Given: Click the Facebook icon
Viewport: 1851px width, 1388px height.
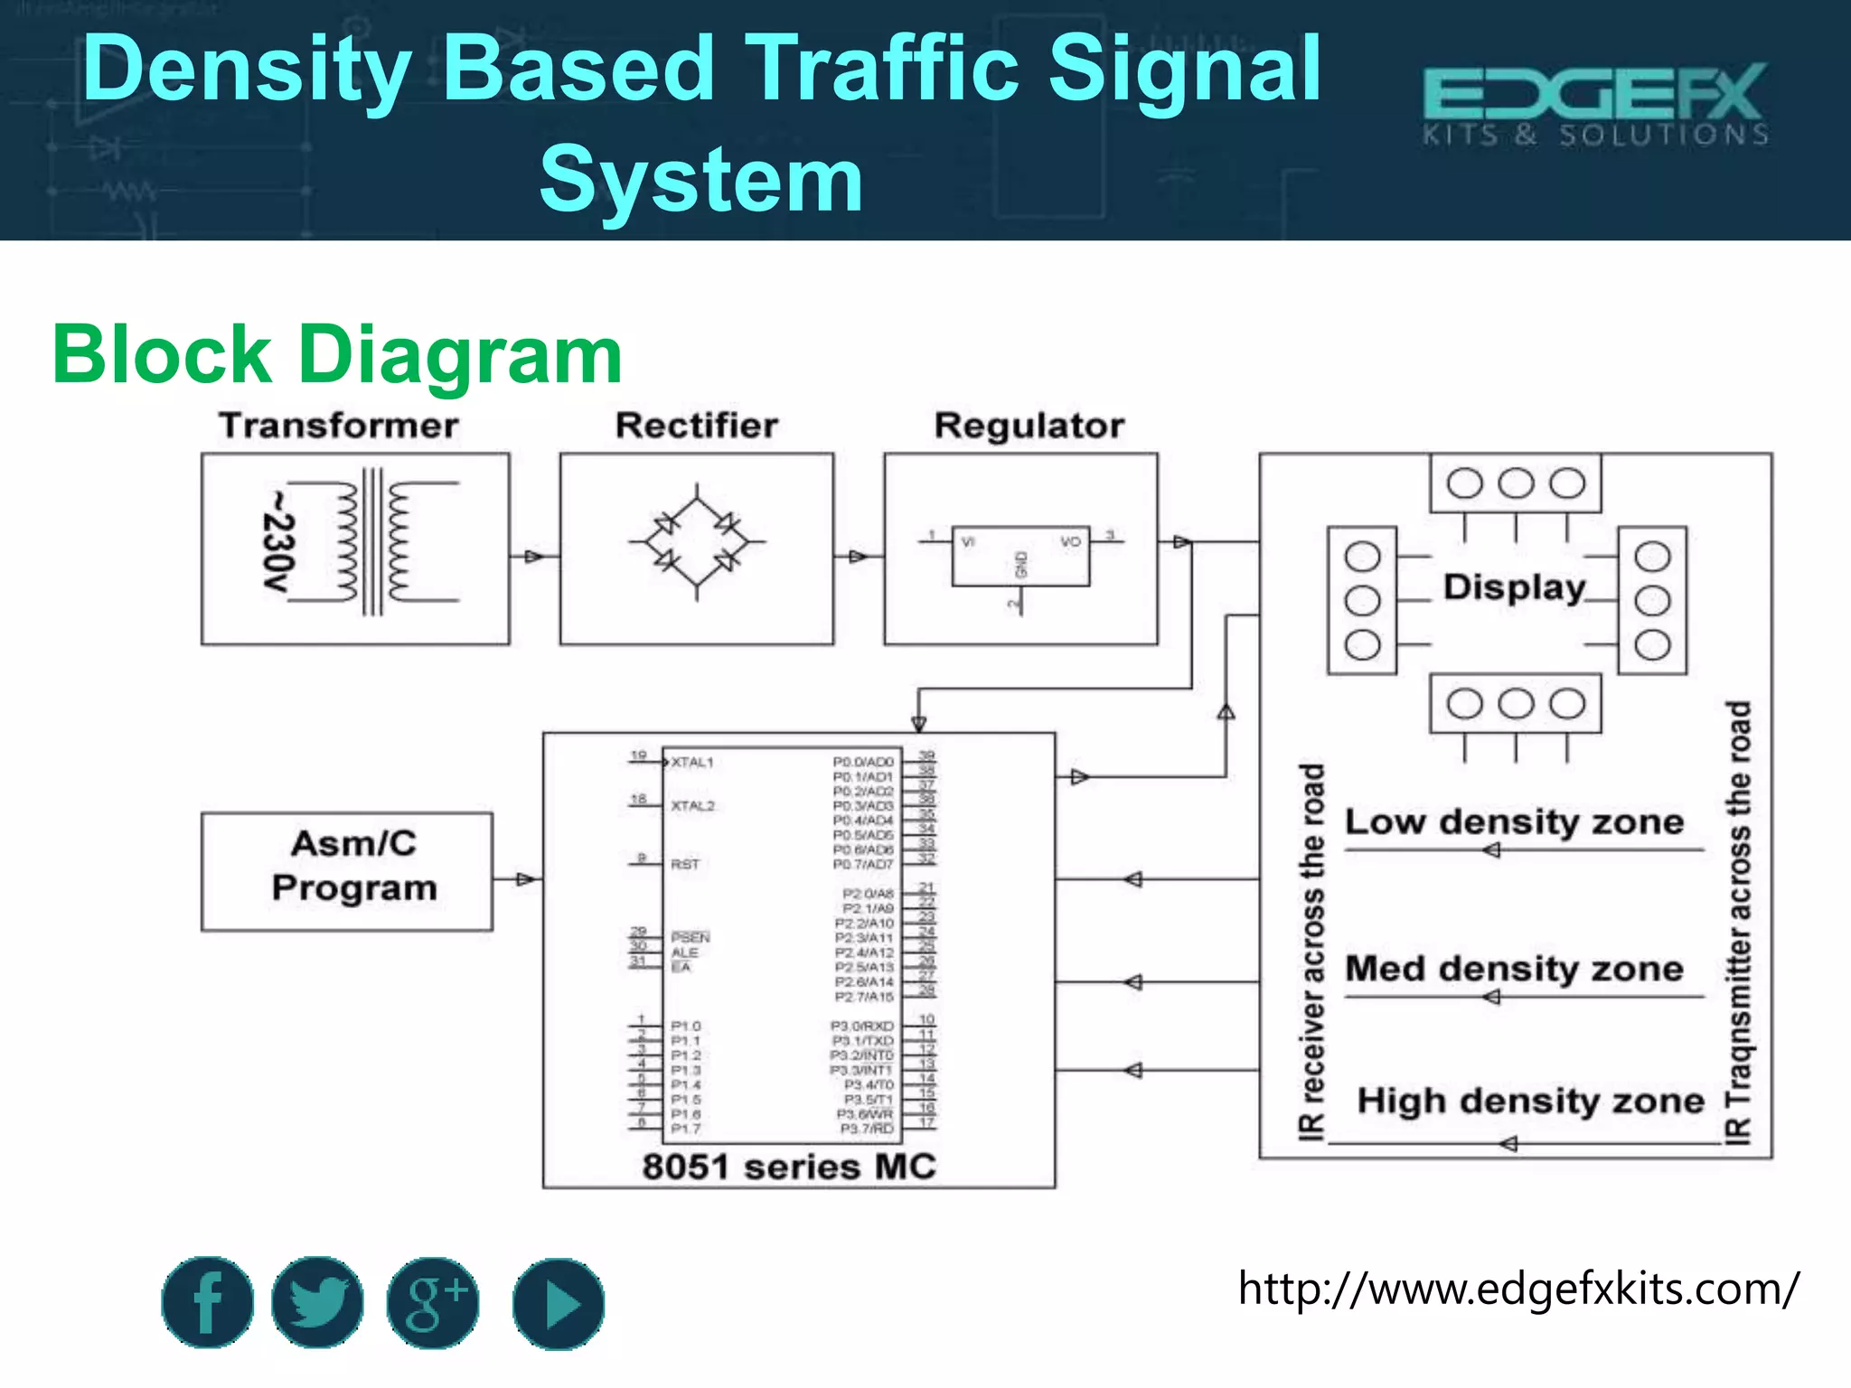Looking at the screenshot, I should point(207,1302).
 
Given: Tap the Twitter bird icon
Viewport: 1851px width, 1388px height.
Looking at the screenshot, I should point(317,1302).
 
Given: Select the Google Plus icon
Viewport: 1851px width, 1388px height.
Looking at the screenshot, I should point(434,1302).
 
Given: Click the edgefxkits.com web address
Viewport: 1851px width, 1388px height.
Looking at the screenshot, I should point(1518,1289).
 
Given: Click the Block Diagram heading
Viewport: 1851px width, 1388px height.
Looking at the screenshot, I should point(337,355).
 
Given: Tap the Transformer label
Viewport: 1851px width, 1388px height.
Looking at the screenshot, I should point(339,426).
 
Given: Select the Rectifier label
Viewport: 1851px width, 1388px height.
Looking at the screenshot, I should point(697,426).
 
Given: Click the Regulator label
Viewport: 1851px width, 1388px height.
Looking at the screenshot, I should point(1029,426).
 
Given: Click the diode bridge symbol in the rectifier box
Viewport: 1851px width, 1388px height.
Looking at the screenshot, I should point(697,542).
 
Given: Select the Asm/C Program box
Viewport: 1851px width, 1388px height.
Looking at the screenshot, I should point(347,871).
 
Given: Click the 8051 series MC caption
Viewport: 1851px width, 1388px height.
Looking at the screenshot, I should point(789,1167).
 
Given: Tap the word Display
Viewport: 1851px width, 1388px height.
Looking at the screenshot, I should point(1514,587).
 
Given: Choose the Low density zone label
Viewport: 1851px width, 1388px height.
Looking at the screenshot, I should point(1514,822).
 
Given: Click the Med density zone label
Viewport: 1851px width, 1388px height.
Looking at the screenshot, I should point(1514,970).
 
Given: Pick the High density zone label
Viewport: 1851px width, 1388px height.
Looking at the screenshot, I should point(1530,1102).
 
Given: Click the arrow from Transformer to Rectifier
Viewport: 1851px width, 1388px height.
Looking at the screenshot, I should point(534,556).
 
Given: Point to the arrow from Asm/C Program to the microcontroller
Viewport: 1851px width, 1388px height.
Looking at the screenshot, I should point(525,879).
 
